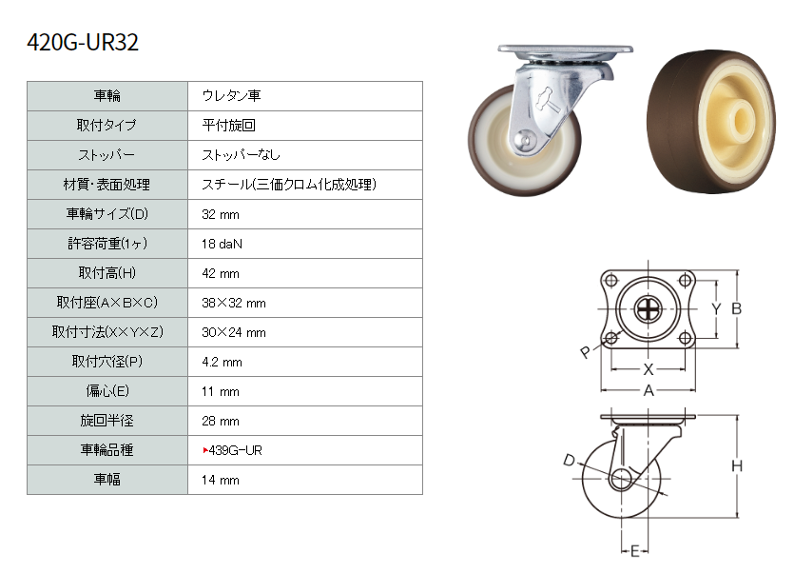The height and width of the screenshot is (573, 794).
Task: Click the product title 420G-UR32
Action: [x=83, y=42]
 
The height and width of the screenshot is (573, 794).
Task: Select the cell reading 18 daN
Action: [x=222, y=244]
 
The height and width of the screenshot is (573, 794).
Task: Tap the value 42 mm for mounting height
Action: [x=221, y=273]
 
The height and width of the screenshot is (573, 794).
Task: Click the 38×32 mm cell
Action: [x=233, y=303]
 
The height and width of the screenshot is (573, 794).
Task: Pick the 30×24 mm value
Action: [x=233, y=332]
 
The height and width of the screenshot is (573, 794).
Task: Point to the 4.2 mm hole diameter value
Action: [x=222, y=362]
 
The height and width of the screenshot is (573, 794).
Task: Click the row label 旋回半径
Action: [x=107, y=421]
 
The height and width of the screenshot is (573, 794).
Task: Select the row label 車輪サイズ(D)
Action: [x=107, y=214]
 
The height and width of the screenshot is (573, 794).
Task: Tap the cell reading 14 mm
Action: [x=221, y=480]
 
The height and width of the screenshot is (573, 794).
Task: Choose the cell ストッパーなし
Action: [x=241, y=154]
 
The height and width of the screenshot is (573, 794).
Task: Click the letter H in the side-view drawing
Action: [x=737, y=465]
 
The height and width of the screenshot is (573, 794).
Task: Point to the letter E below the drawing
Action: [x=635, y=550]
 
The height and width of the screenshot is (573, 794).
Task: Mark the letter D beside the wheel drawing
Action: [x=570, y=460]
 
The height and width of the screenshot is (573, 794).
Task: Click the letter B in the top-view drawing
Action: [x=736, y=308]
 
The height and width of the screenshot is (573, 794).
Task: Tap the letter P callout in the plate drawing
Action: [x=586, y=351]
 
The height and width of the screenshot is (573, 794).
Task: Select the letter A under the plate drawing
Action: [x=649, y=391]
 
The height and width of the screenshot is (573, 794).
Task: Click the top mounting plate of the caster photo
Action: [x=565, y=49]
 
